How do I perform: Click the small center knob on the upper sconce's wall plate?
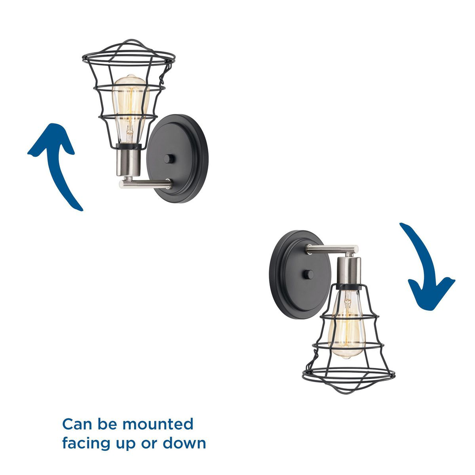point(169,159)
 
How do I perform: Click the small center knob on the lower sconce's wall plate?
point(308,275)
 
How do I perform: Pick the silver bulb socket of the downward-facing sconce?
point(349,271)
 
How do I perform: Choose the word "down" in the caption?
point(184,443)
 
